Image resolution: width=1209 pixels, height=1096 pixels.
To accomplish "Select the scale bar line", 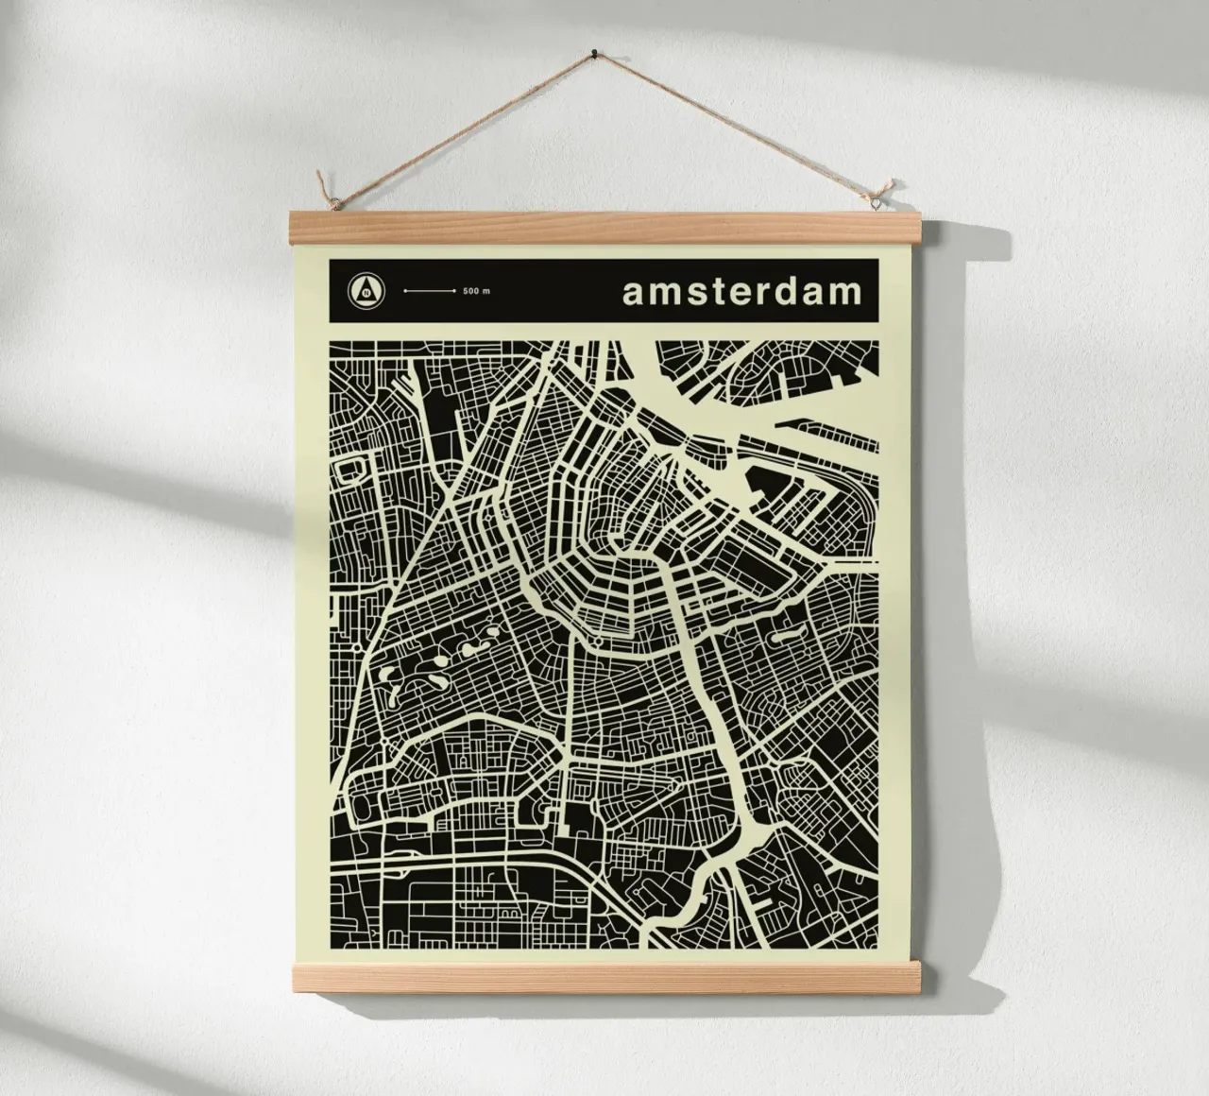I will point(430,291).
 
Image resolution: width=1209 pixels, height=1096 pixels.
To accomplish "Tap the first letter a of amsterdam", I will point(633,293).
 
